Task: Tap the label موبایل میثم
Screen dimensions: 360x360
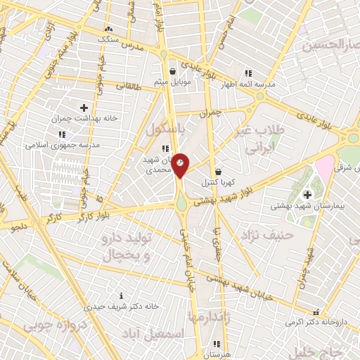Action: pos(172,82)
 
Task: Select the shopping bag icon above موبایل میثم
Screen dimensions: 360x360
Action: pos(172,71)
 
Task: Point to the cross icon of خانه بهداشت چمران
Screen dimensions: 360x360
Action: pos(84,108)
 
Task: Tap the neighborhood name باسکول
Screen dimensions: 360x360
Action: pos(167,129)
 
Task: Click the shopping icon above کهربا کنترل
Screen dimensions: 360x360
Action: pos(218,172)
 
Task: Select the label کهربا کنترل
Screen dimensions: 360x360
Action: pos(217,182)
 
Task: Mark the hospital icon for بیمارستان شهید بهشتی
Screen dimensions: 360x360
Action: pos(306,195)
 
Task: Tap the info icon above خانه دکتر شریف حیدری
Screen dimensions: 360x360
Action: pos(122,295)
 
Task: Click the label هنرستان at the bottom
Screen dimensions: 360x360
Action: pos(217,354)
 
